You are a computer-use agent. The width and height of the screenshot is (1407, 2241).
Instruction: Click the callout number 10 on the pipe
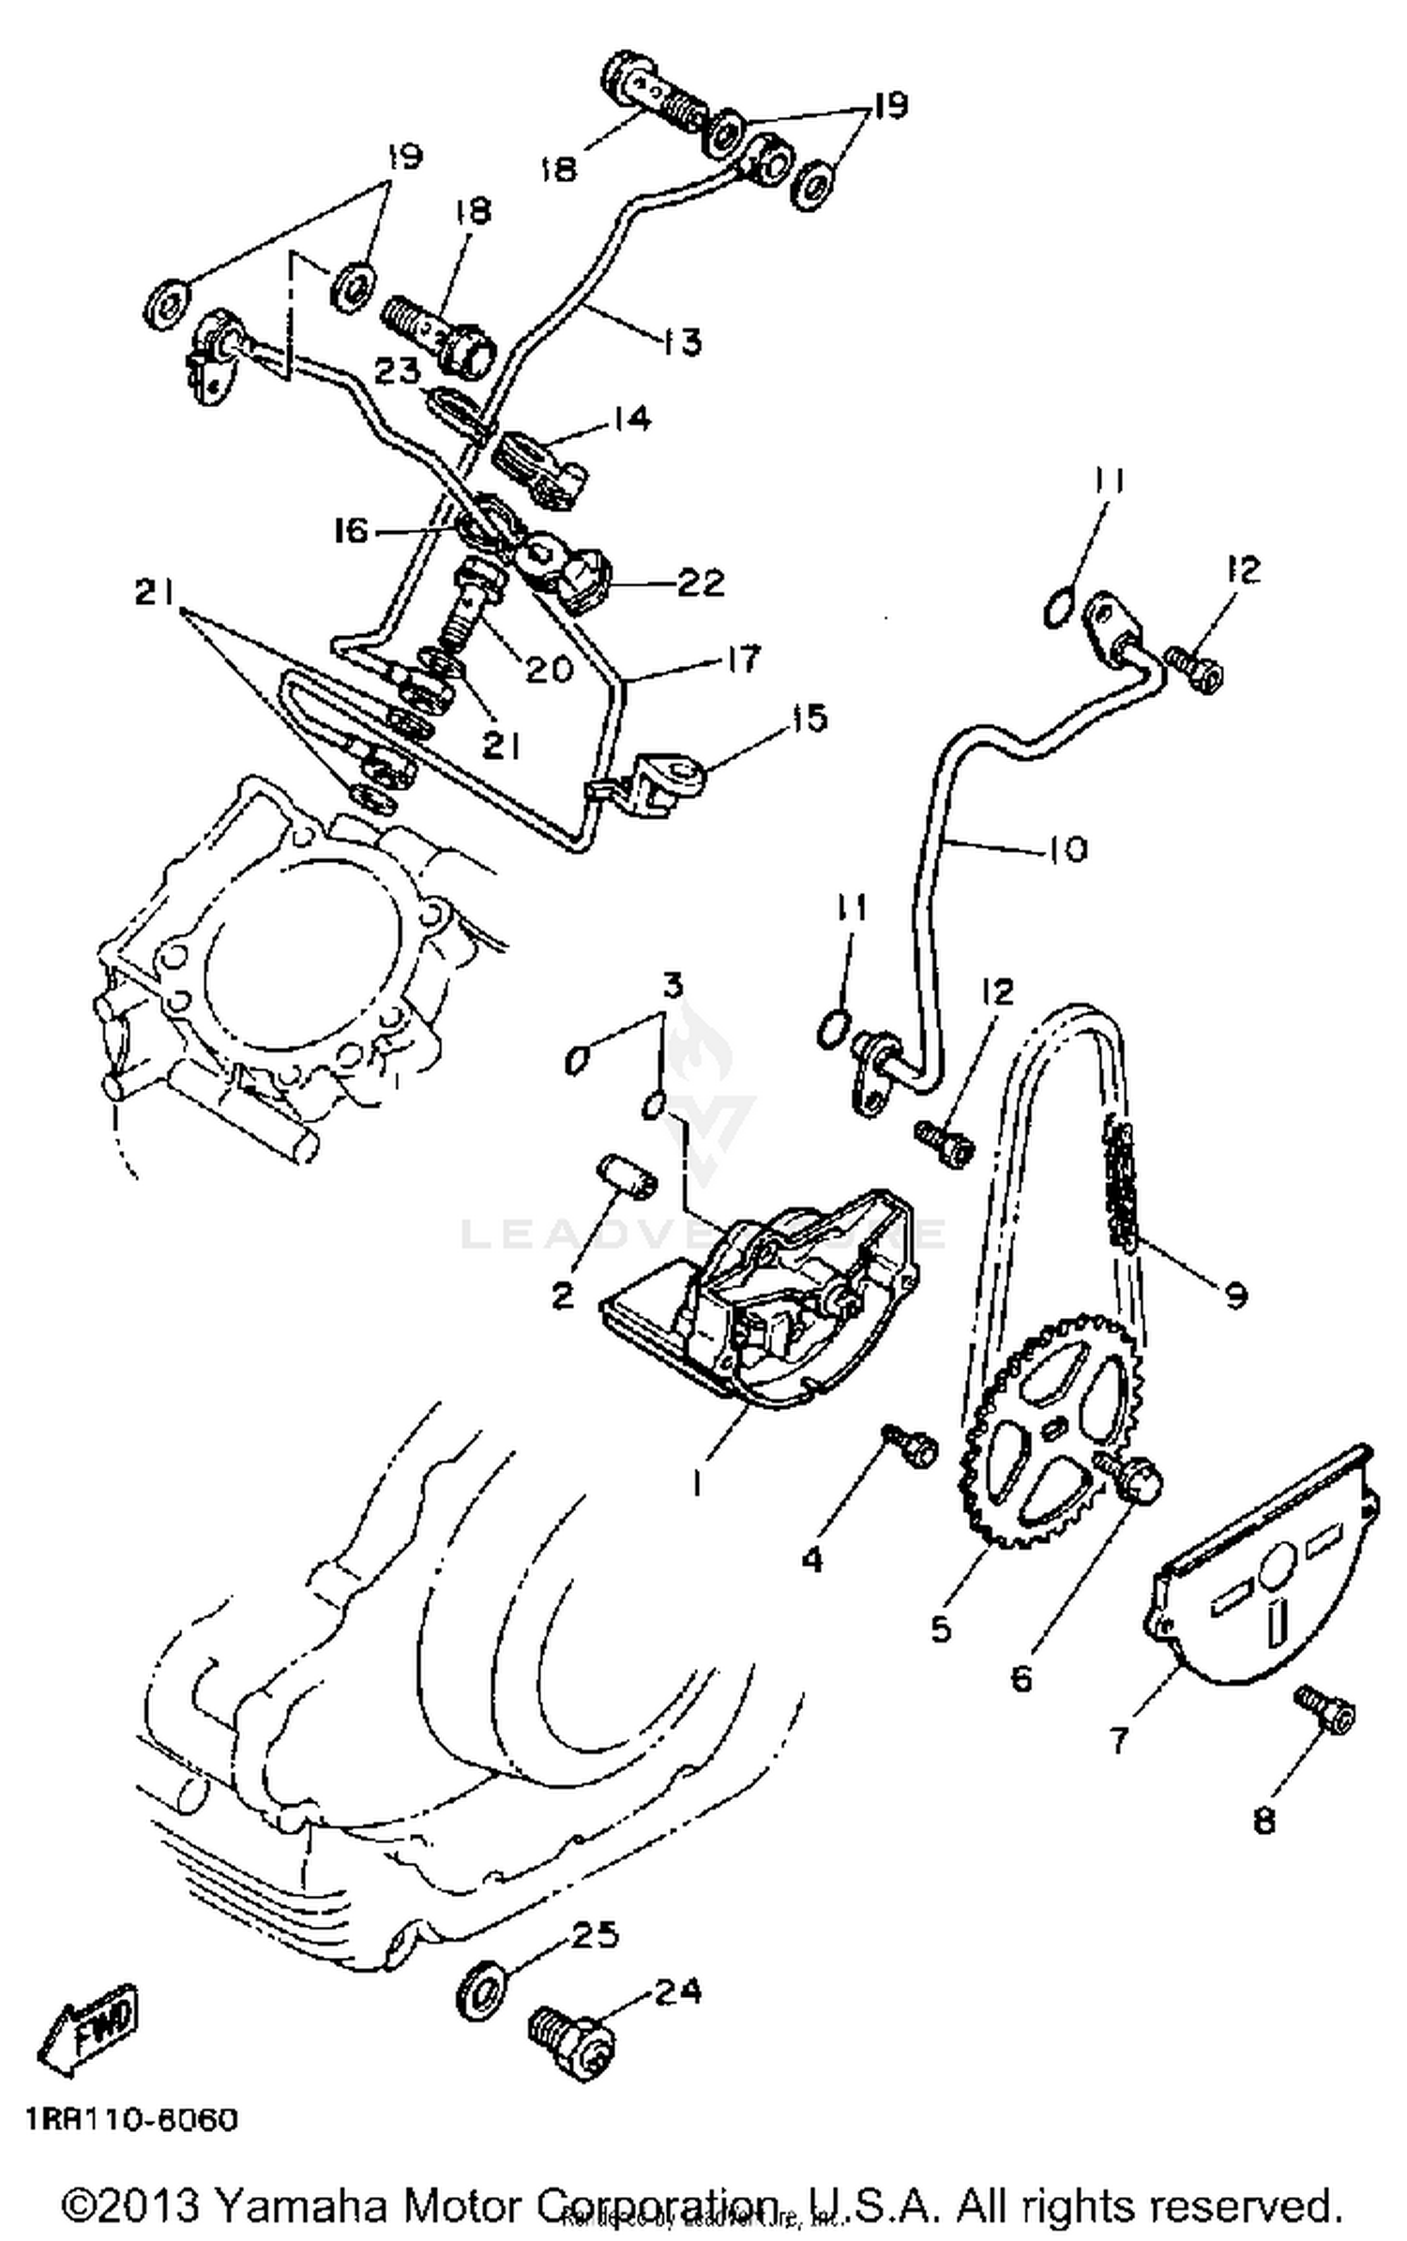(1067, 849)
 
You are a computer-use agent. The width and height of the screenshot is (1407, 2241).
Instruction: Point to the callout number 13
(683, 341)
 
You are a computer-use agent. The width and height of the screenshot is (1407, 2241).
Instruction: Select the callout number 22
(703, 583)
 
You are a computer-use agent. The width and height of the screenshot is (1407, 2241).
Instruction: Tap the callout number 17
(744, 659)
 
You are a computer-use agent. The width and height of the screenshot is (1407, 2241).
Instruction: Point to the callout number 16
(351, 531)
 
